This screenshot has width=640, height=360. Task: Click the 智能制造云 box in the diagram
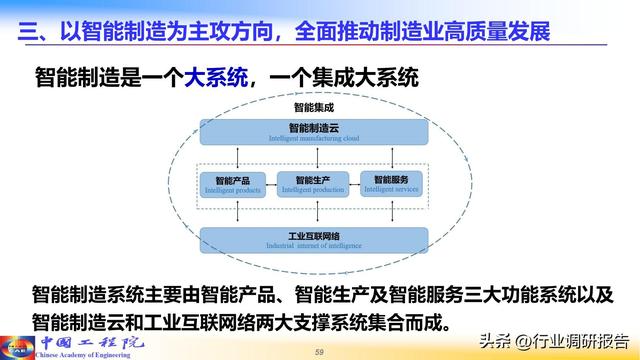[315, 131]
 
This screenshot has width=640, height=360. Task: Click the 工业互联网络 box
[315, 240]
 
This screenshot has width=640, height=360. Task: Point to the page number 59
[320, 351]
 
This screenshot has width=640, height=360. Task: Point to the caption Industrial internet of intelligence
[315, 246]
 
